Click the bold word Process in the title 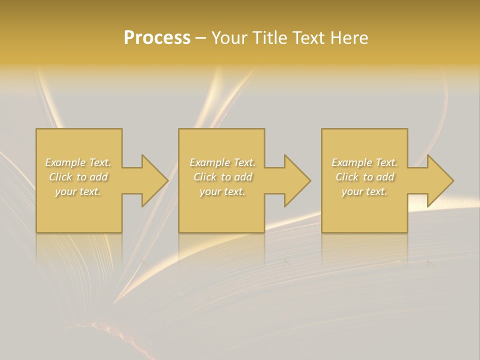(157, 38)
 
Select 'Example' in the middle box (208, 162)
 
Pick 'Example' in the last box (350, 162)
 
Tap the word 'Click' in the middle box (204, 177)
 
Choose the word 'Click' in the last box (346, 177)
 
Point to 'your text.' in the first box (78, 191)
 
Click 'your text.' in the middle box (222, 191)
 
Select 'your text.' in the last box (364, 191)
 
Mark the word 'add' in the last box (385, 177)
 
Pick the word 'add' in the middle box (243, 177)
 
